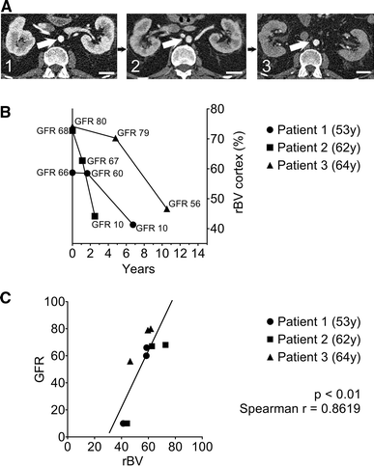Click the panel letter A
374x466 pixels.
click(x=7, y=7)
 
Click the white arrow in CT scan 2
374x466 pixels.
click(x=171, y=44)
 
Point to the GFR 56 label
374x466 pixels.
click(x=184, y=204)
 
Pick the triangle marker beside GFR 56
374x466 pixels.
click(x=166, y=208)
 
